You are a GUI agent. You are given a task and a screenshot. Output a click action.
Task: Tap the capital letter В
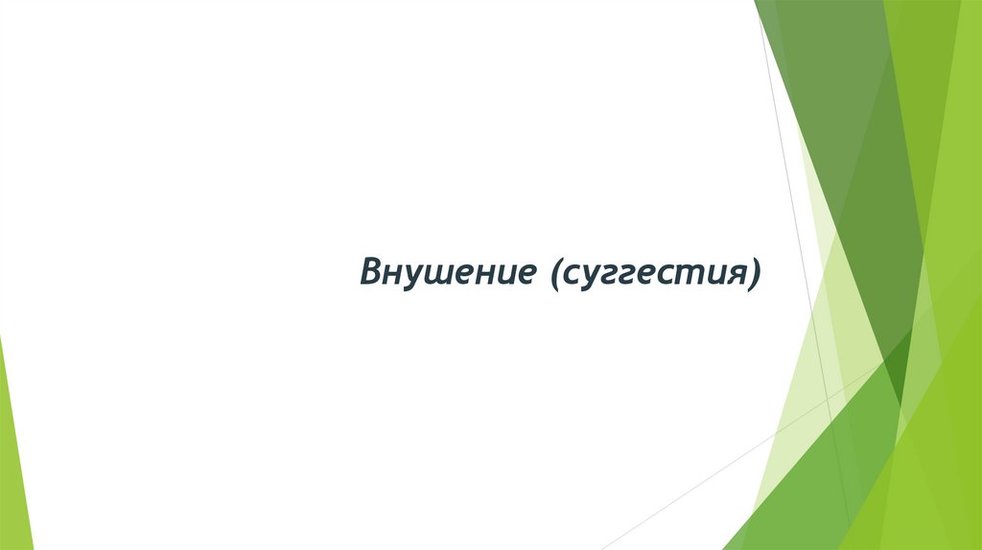pyautogui.click(x=371, y=271)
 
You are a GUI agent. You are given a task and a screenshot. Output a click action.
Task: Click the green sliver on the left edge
pyautogui.click(x=13, y=450)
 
